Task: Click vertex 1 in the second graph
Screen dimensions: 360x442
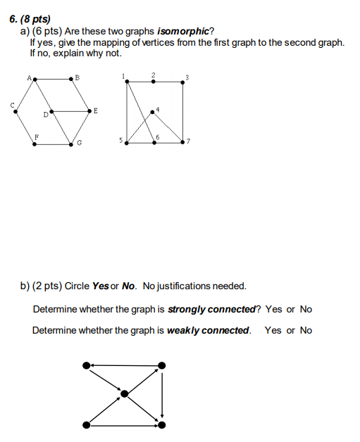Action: pos(127,82)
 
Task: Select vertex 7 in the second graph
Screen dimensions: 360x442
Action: pos(182,141)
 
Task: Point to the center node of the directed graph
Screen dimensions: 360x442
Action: pos(125,393)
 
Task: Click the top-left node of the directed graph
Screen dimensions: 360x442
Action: pos(86,365)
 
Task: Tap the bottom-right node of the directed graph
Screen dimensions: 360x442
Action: pos(163,425)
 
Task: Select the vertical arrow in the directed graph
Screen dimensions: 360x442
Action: pos(163,394)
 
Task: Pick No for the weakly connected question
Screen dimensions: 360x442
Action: pos(306,330)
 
